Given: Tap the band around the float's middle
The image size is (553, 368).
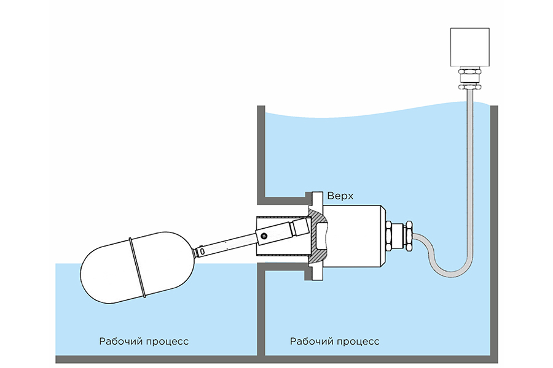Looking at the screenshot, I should point(138,267).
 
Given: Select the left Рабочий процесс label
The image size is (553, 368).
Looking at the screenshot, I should point(144,341).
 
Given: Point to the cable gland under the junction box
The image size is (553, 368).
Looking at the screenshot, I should point(471,79).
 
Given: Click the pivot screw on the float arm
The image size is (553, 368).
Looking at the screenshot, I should point(264,236).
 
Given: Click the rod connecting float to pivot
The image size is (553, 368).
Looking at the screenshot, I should point(225,246).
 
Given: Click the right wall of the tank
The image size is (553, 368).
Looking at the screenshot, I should point(494,233).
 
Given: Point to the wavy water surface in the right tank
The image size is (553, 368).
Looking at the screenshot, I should point(369,115).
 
